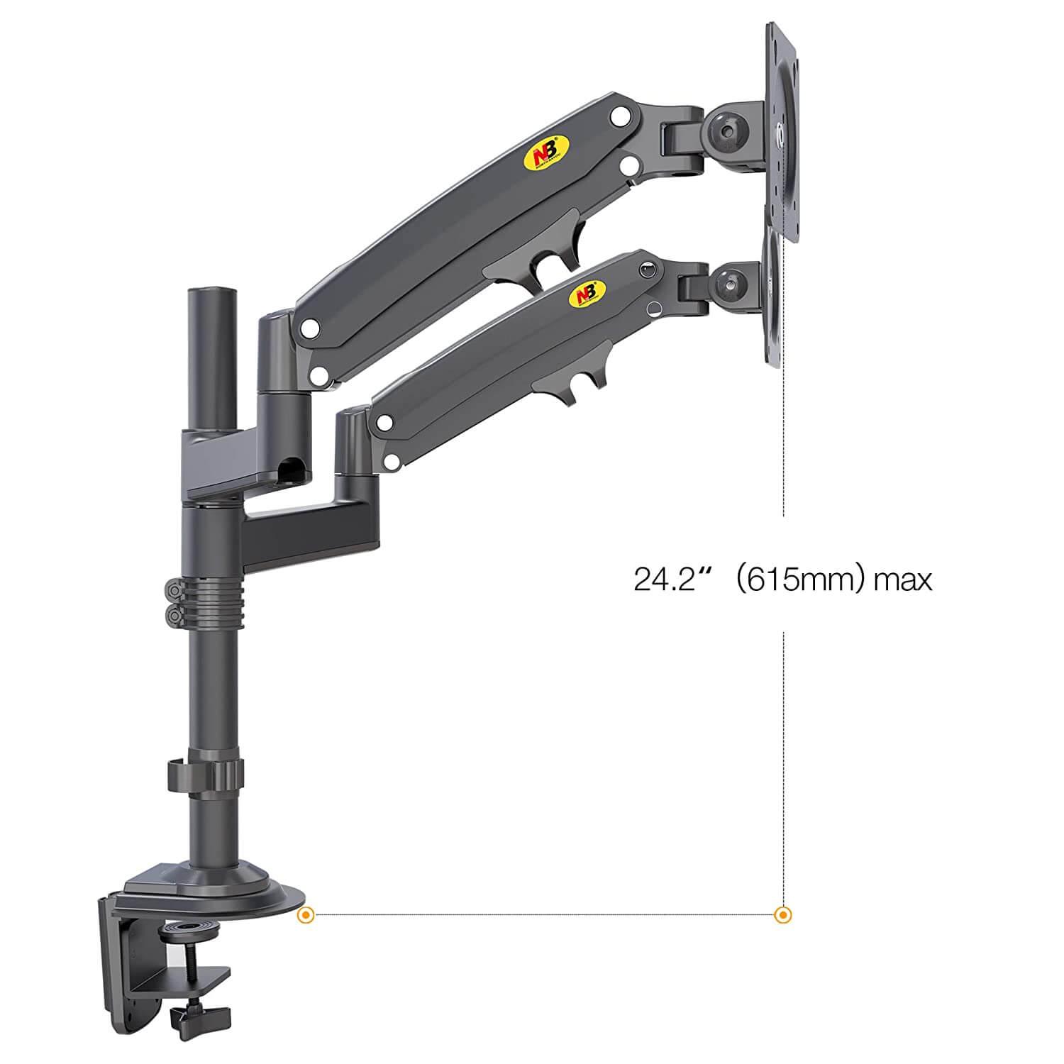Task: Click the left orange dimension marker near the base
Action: (306, 914)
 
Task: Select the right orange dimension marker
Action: (782, 914)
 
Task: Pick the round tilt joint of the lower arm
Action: (731, 284)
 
